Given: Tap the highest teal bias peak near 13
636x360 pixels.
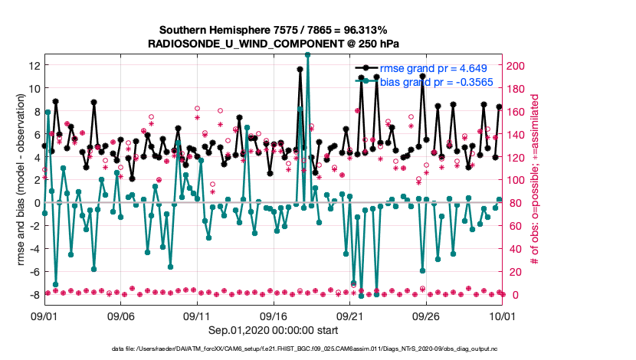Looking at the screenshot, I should [x=307, y=55].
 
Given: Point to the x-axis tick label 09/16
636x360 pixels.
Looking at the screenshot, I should [x=273, y=315].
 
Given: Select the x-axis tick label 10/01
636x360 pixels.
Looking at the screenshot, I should [x=502, y=315].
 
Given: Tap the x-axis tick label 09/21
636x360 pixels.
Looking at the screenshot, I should [x=349, y=315].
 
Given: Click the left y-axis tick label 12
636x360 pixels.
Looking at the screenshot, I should [x=34, y=65].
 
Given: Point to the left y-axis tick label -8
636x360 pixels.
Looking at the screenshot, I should [x=33, y=295].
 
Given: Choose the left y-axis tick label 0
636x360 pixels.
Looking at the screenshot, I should [x=36, y=203].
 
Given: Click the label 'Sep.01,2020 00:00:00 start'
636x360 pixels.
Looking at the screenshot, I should [x=273, y=331].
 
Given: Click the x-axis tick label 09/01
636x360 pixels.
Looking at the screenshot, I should [x=44, y=315].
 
